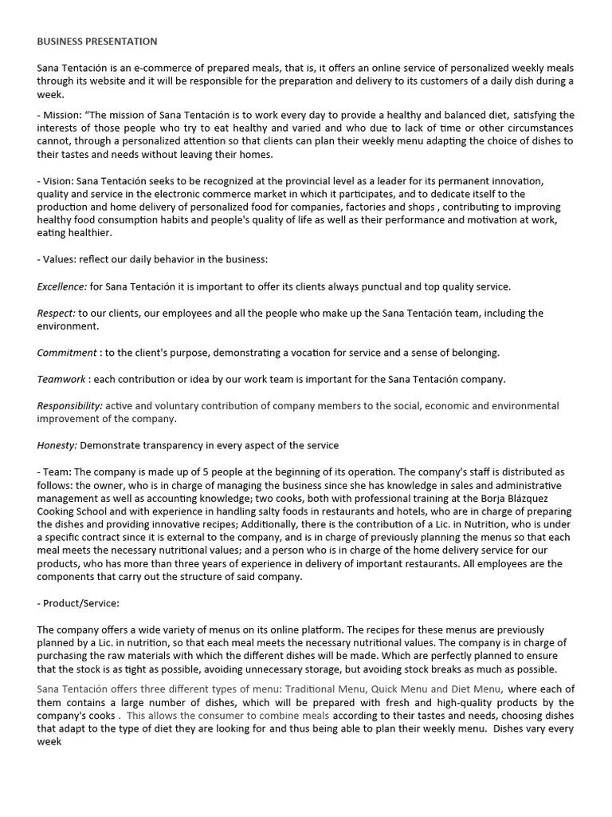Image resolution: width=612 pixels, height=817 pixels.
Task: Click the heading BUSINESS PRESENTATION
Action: pyautogui.click(x=97, y=41)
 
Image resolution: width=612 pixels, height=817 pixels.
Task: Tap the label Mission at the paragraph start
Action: pyautogui.click(x=61, y=115)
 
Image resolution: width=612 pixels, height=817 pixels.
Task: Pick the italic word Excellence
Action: pyautogui.click(x=61, y=286)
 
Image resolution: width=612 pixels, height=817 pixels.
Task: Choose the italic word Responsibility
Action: pyautogui.click(x=70, y=406)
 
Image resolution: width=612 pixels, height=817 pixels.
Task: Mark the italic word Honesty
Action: pyautogui.click(x=57, y=445)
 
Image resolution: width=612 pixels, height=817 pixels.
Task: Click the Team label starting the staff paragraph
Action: pyautogui.click(x=57, y=472)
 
